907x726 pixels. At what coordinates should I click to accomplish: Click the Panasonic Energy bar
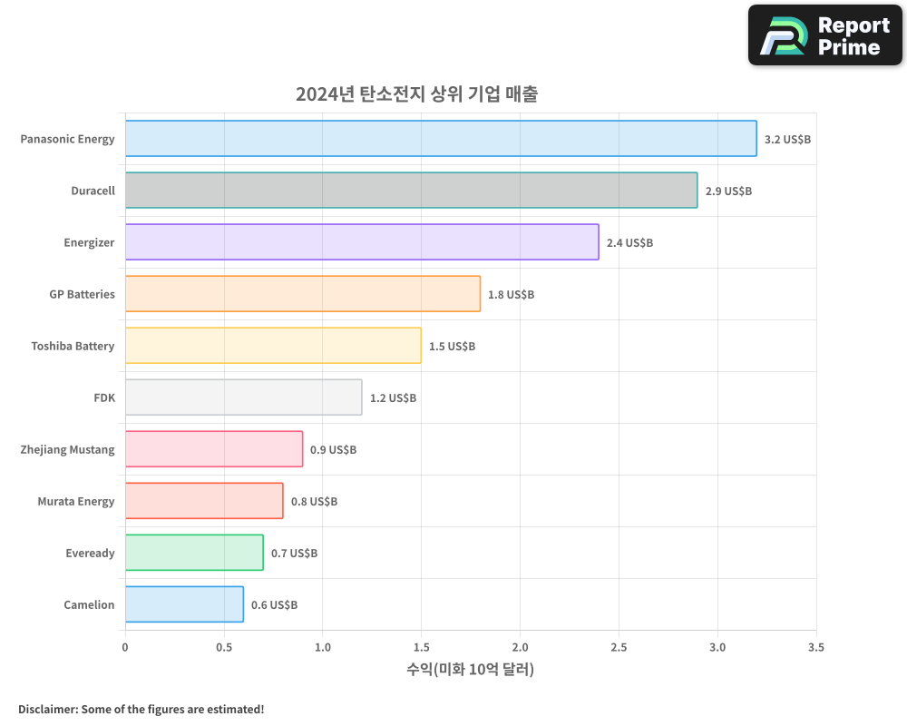point(441,139)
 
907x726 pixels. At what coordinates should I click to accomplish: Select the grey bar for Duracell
point(411,191)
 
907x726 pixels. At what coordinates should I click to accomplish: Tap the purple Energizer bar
point(362,242)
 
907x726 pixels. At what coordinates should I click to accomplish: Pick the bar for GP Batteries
point(302,294)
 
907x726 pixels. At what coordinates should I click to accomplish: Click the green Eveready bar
point(194,553)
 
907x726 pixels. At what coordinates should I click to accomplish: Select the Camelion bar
point(184,604)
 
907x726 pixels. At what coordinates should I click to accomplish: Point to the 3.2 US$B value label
point(787,140)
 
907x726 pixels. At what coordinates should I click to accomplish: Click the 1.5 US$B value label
point(452,347)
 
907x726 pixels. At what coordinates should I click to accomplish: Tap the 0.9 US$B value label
point(333,450)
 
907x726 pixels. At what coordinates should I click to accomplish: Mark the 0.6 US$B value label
point(274,605)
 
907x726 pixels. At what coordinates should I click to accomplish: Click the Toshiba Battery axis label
point(73,346)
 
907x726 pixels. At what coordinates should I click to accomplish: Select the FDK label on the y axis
point(104,397)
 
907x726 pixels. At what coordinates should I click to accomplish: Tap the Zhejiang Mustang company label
point(67,449)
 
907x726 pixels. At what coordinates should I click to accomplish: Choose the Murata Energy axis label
point(76,501)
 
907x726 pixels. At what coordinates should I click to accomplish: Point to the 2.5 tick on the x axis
point(619,648)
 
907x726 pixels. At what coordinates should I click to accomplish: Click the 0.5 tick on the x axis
point(224,648)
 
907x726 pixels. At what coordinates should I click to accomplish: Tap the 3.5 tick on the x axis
point(816,648)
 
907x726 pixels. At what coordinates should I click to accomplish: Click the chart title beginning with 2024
point(416,94)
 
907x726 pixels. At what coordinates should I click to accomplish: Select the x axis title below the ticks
point(470,670)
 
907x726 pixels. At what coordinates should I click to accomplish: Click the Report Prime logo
point(824,35)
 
